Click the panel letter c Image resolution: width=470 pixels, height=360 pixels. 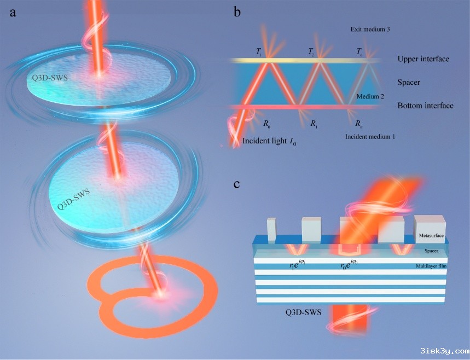(237, 183)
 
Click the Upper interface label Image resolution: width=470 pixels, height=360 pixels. (423, 59)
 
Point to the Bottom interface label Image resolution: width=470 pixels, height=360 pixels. (425, 106)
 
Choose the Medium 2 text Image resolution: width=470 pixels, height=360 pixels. (370, 96)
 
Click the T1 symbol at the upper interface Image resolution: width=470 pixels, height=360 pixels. (259, 51)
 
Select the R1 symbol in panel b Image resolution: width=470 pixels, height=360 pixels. (313, 124)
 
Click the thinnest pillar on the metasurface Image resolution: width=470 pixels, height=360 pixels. (271, 229)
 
